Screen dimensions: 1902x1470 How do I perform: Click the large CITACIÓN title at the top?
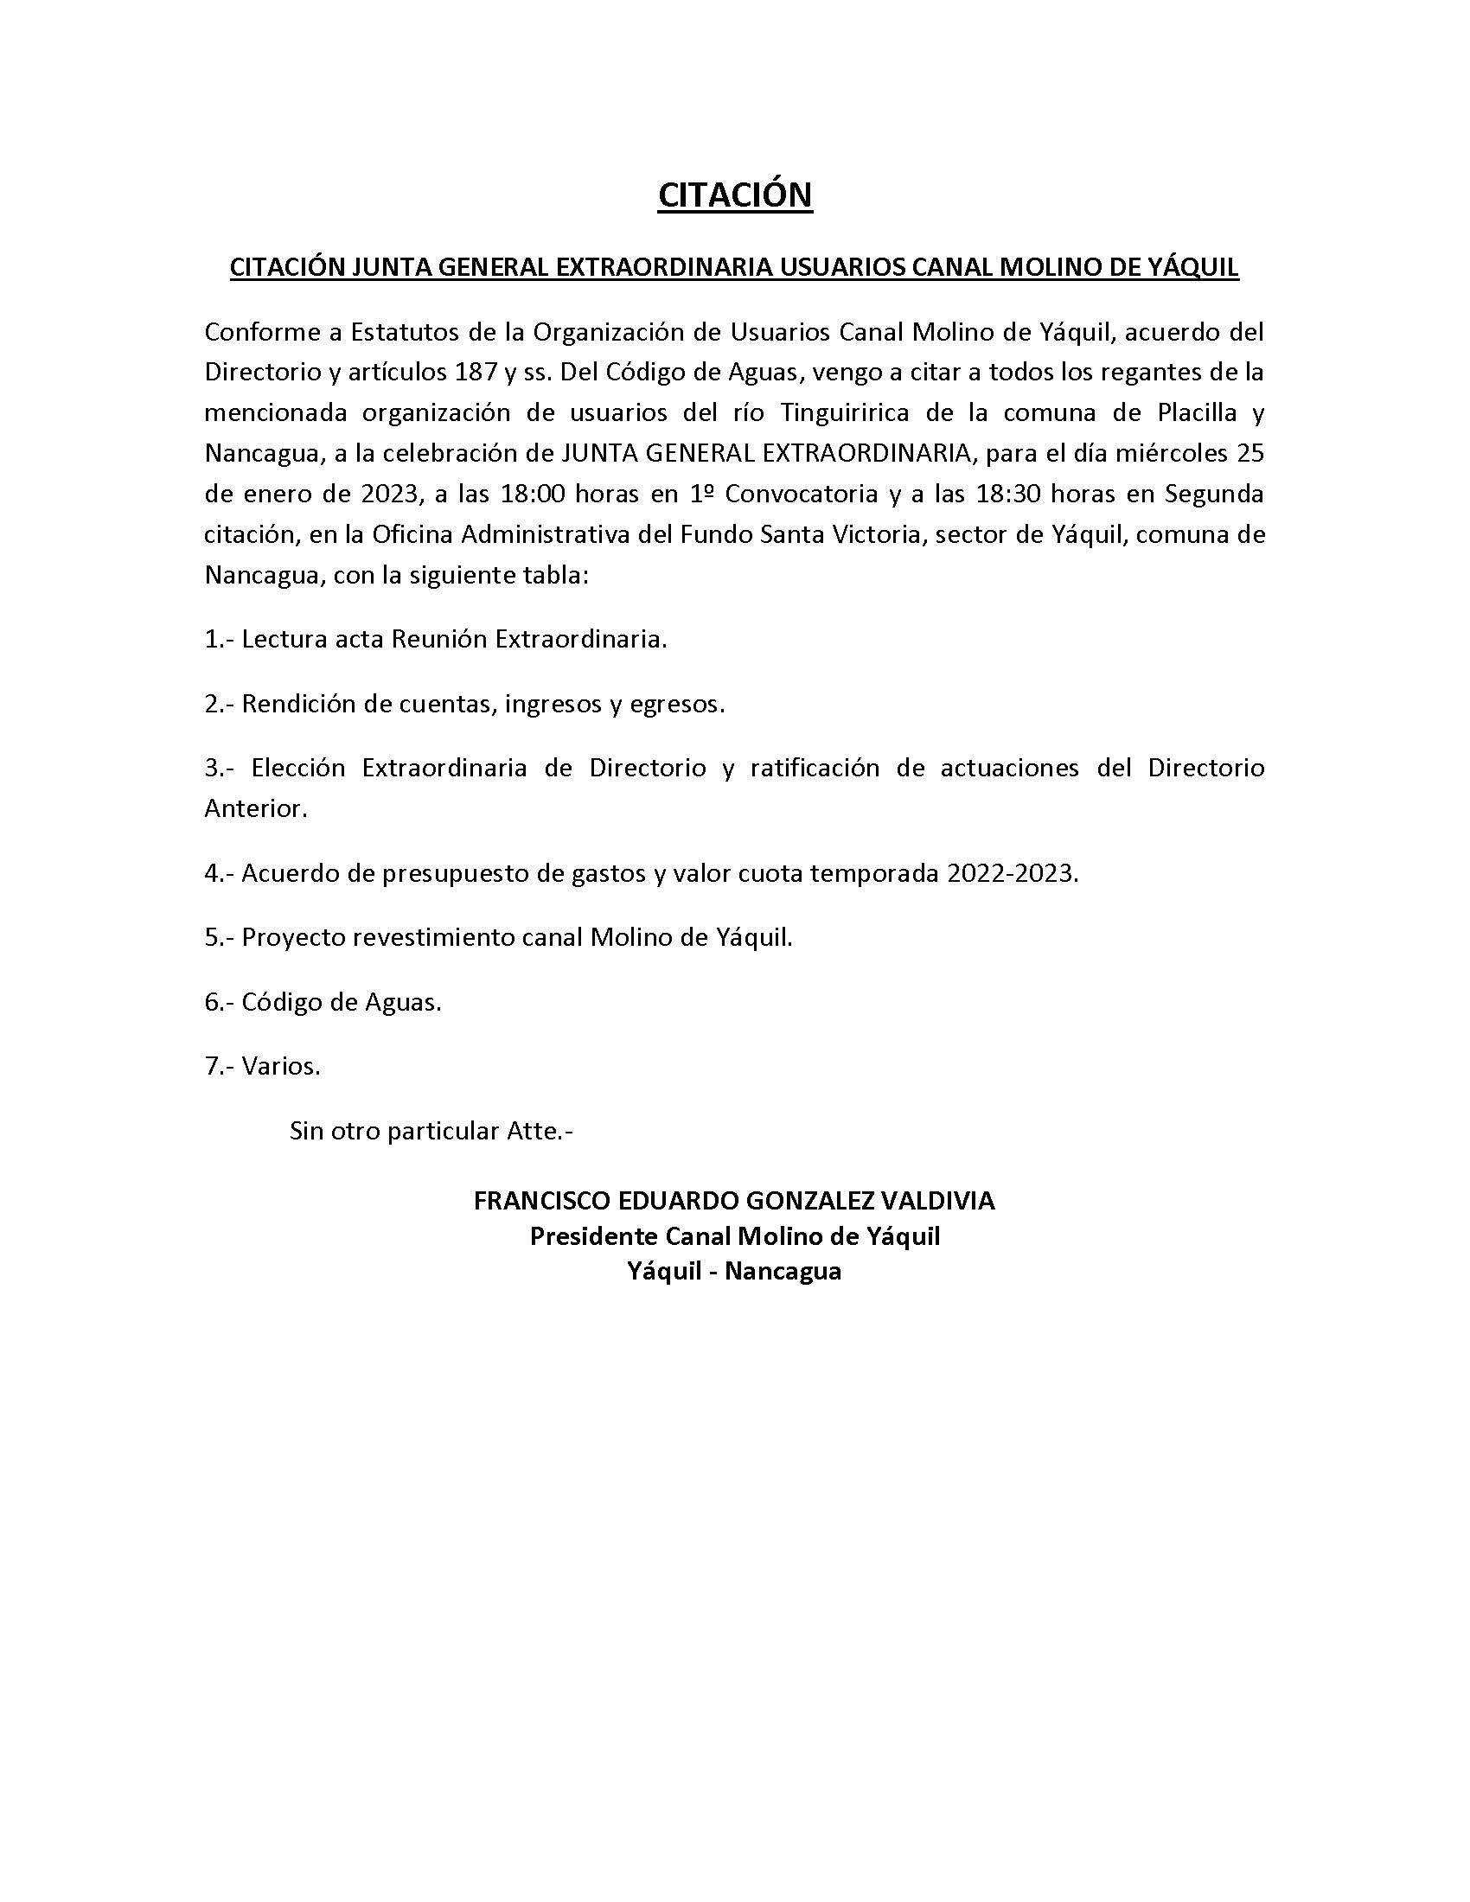point(734,196)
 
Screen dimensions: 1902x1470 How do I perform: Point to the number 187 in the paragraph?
point(475,373)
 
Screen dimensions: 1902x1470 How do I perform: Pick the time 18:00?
point(532,494)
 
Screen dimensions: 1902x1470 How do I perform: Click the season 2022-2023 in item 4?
point(1008,873)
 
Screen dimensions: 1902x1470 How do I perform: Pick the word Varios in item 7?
point(280,1066)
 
